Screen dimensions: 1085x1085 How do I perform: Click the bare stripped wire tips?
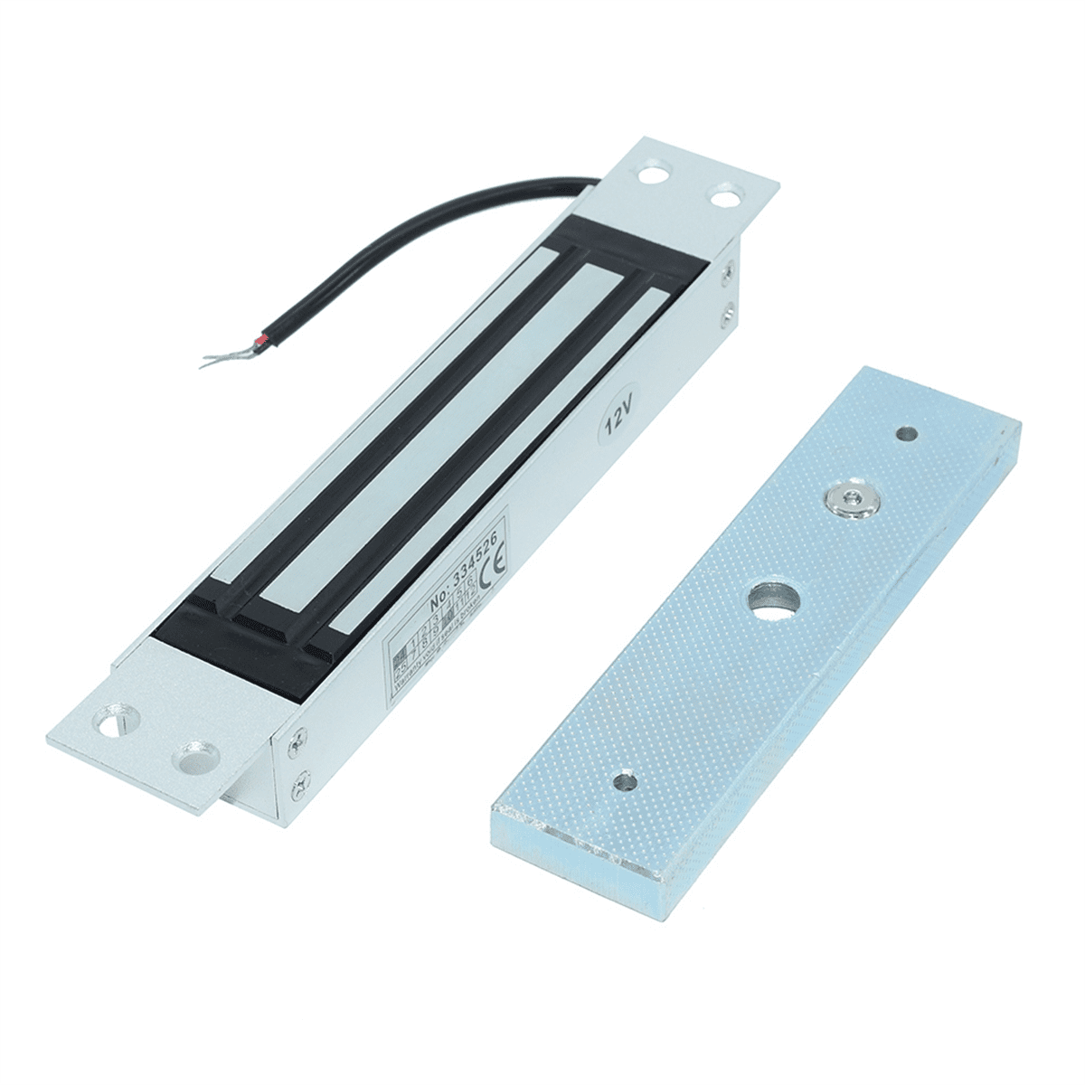point(209,360)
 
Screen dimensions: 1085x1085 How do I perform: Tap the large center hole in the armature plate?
point(771,601)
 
